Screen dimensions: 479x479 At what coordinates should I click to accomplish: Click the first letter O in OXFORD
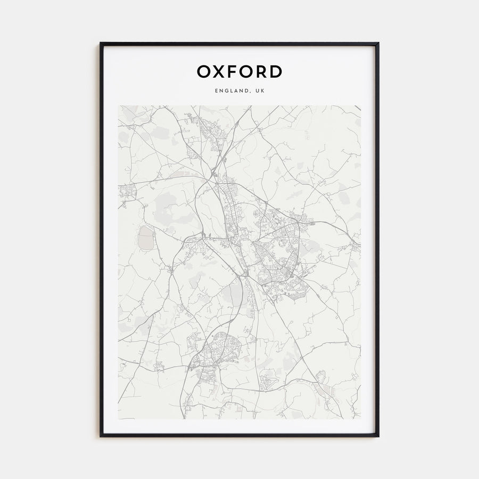point(204,71)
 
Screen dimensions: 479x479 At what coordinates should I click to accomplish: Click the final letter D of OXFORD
point(276,71)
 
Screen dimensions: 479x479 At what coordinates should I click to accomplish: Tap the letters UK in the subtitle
point(259,91)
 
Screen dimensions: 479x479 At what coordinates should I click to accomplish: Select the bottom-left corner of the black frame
point(101,436)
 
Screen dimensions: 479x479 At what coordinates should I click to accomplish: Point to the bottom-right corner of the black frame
point(378,436)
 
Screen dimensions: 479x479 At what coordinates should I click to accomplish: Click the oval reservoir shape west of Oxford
point(145,238)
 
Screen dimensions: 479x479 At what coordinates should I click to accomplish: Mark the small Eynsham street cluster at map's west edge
point(128,191)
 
